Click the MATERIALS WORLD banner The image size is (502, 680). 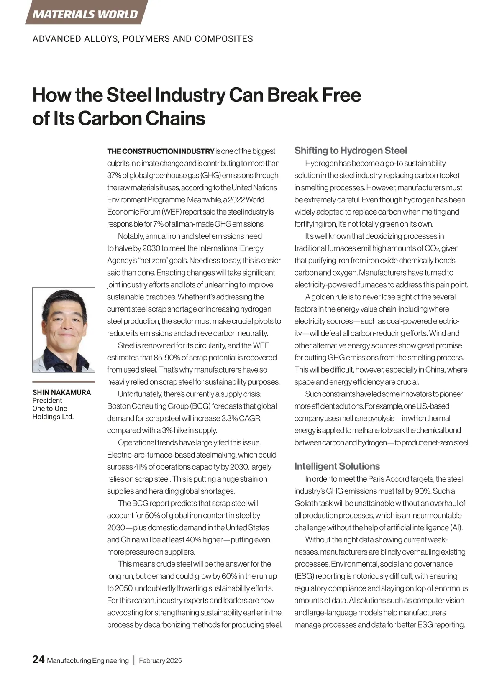pyautogui.click(x=85, y=14)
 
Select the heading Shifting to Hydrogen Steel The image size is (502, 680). pyautogui.click(x=351, y=151)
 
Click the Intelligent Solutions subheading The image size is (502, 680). pyautogui.click(x=337, y=466)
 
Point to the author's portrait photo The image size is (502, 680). pyautogui.click(x=64, y=330)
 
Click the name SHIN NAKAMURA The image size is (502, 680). pyautogui.click(x=61, y=392)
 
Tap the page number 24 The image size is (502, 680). pyautogui.click(x=38, y=660)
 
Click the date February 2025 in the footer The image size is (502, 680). pyautogui.click(x=160, y=661)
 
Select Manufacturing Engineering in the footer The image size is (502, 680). pyautogui.click(x=88, y=661)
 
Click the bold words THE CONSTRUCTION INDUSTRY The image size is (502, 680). pyautogui.click(x=161, y=151)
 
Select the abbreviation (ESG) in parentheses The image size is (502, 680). pyautogui.click(x=304, y=576)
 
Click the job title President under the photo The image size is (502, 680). pyautogui.click(x=47, y=400)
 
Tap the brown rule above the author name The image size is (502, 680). pyautogui.click(x=64, y=381)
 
